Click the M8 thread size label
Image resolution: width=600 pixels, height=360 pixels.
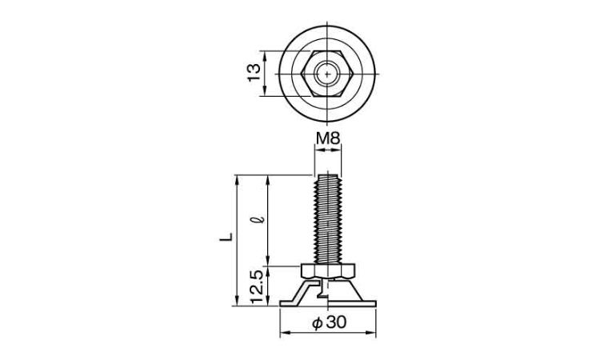click(327, 138)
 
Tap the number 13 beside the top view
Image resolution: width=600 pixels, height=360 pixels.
click(254, 73)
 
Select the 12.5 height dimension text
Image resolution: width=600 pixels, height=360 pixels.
click(257, 287)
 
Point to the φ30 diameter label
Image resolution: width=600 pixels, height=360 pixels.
click(329, 322)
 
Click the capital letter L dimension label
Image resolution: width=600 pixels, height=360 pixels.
click(226, 237)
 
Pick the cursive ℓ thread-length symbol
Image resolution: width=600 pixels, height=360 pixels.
click(262, 221)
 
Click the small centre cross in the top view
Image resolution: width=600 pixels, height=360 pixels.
click(327, 74)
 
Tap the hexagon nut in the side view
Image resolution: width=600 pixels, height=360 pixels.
click(328, 270)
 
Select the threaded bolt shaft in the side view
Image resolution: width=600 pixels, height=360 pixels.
click(327, 219)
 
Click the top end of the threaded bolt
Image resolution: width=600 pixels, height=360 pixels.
click(327, 175)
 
